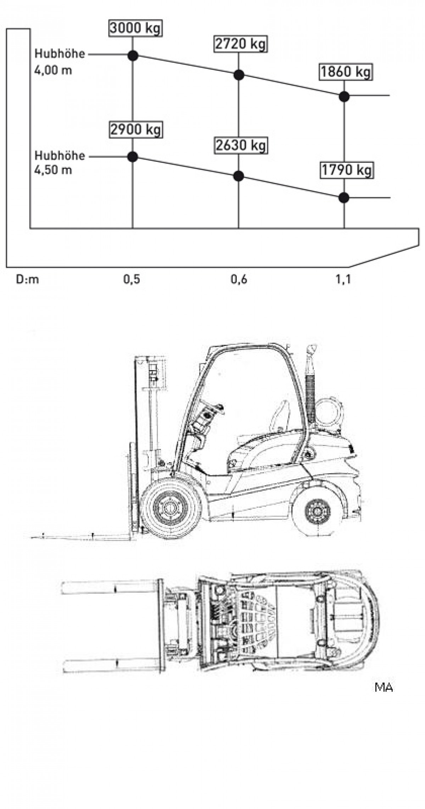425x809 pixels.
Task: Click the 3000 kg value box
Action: point(135,28)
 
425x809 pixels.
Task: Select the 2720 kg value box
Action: point(240,44)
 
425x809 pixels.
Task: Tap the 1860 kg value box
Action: point(346,72)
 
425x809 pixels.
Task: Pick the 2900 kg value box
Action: point(135,129)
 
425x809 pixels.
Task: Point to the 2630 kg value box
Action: point(241,145)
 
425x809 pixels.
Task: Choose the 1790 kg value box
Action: point(346,170)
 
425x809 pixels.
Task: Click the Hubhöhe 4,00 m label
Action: point(59,62)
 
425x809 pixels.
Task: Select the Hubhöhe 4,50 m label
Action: point(59,163)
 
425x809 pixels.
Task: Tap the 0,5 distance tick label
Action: point(132,279)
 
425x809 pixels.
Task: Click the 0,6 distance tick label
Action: point(239,279)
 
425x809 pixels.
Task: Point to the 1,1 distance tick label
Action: point(342,279)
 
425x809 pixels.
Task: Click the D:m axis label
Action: point(27,279)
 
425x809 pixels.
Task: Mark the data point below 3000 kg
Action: point(133,55)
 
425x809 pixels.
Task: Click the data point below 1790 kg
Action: point(344,198)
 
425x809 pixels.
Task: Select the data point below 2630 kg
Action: point(239,176)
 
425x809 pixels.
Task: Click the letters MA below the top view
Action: point(384,687)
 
